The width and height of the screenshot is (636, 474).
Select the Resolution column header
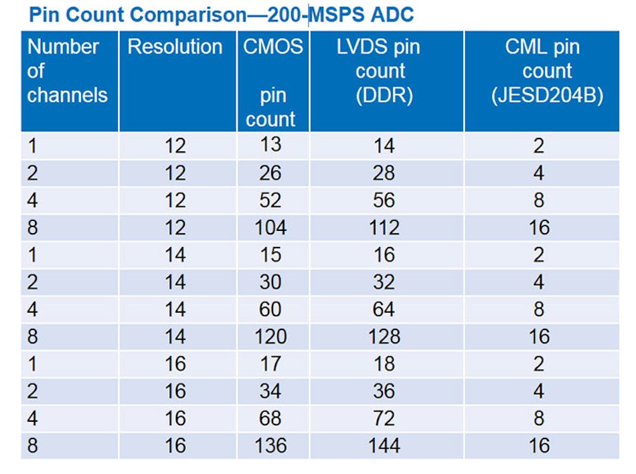click(x=175, y=47)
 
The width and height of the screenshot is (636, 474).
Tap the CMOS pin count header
click(x=272, y=82)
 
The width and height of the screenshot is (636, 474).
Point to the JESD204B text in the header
click(x=546, y=95)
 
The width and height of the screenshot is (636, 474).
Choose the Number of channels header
click(x=67, y=71)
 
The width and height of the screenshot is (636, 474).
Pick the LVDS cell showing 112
click(x=384, y=228)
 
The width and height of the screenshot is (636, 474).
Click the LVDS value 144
click(x=384, y=446)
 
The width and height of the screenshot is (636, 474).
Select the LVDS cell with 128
click(x=384, y=337)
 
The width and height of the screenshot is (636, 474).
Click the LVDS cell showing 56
click(x=384, y=200)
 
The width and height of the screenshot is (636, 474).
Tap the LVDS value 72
click(x=384, y=418)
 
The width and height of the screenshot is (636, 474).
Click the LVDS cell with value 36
click(x=384, y=391)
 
